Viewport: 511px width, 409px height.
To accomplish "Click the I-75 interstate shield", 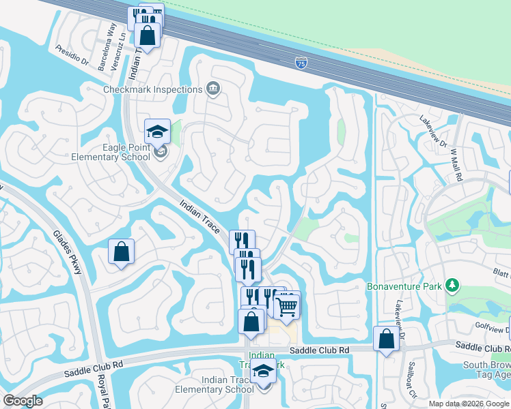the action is [x=301, y=63].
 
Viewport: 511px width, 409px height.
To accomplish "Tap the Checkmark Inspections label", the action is [x=152, y=89].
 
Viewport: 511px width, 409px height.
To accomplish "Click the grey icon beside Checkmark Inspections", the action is [x=213, y=89].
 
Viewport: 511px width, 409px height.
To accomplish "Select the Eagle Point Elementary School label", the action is [x=111, y=152].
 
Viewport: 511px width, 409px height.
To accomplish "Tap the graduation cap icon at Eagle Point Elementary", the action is [x=157, y=132].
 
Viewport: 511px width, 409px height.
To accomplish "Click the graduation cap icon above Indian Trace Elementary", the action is [x=263, y=372].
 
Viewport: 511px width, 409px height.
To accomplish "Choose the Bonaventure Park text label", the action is [x=404, y=286].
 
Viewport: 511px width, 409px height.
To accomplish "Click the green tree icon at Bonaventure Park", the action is [x=451, y=284].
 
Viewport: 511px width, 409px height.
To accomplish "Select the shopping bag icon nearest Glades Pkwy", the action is [x=121, y=252].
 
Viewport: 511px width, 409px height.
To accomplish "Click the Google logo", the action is [x=23, y=401].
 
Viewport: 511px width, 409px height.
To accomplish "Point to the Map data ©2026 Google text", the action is [x=468, y=404].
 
